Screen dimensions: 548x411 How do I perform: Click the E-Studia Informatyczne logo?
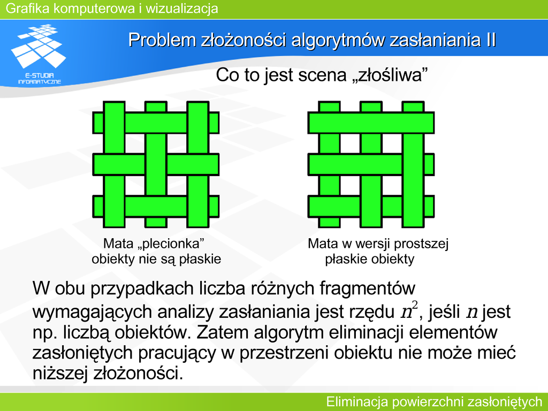[39, 54]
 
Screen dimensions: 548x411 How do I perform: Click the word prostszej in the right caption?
[421, 244]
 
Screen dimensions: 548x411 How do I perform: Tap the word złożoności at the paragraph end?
[138, 373]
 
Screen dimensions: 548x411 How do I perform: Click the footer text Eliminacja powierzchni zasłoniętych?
[433, 401]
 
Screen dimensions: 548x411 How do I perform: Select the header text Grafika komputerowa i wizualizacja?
[112, 8]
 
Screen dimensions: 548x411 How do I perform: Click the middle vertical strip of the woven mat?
[156, 165]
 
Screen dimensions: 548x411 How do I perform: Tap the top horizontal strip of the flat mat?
[371, 123]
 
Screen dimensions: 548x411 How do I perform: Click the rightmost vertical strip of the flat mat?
[413, 165]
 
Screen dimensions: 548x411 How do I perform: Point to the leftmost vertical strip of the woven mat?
[115, 165]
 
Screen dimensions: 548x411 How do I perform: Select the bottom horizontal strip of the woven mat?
[156, 207]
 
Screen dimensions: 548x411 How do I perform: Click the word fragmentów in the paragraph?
[367, 288]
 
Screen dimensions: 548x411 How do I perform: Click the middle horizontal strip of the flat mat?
[371, 165]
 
